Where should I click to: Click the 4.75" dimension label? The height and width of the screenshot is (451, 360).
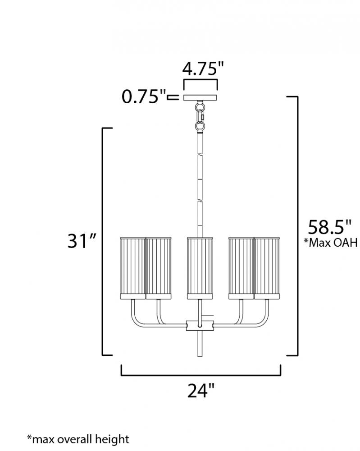(x=203, y=69)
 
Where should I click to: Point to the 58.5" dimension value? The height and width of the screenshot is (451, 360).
(x=330, y=227)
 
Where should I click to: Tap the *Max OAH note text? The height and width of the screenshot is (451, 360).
(x=331, y=243)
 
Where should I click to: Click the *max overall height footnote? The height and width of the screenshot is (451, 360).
(x=78, y=439)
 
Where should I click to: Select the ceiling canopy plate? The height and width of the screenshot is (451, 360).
(x=200, y=97)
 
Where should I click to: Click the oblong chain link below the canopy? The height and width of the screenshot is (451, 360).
(x=200, y=116)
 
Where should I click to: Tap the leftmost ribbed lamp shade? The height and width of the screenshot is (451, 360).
(x=133, y=268)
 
